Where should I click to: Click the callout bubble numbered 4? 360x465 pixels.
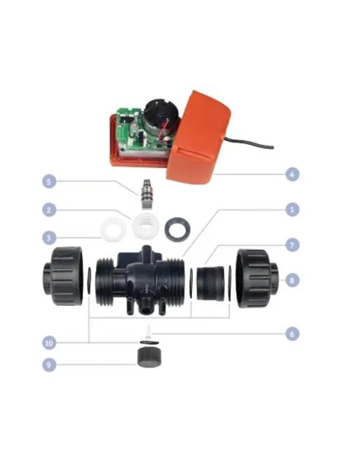292,174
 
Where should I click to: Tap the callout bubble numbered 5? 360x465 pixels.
49,182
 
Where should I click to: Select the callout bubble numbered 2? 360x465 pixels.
49,210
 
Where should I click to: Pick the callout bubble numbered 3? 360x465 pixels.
49,238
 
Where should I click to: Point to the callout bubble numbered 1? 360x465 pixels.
292,209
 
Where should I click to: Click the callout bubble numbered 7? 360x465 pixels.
292,245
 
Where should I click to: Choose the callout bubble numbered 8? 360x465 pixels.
292,280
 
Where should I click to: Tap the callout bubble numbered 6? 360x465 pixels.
292,334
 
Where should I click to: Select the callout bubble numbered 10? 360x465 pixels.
49,343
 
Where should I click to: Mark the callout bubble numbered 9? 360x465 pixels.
49,365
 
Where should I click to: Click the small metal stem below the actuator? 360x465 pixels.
147,193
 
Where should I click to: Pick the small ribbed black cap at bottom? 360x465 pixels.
149,358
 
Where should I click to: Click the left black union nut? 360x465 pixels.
64,275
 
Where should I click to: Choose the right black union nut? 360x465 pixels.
257,279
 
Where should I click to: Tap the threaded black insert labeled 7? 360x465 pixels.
210,283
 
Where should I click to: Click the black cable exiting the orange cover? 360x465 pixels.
249,143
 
